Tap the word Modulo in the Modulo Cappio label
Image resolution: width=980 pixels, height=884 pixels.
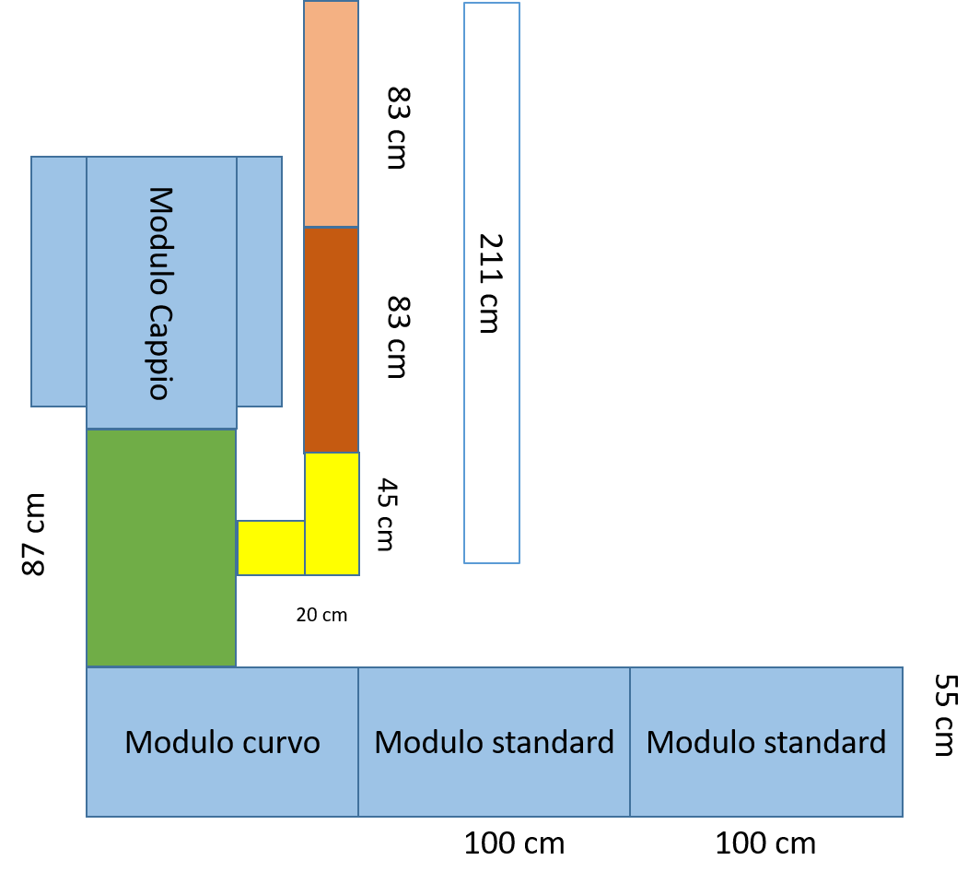click(159, 241)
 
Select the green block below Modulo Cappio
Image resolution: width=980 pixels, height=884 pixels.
click(161, 548)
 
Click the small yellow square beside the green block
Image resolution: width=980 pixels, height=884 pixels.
click(271, 548)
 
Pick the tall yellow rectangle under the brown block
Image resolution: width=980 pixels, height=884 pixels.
click(332, 513)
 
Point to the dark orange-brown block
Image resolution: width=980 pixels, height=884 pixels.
click(331, 339)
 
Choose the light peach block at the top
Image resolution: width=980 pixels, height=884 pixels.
click(331, 113)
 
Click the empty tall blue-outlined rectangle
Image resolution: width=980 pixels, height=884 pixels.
click(492, 282)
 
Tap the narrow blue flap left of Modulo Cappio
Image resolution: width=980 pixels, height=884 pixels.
click(59, 281)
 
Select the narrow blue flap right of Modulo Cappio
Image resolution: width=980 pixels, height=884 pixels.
click(259, 281)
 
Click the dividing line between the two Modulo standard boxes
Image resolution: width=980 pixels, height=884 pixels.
click(630, 742)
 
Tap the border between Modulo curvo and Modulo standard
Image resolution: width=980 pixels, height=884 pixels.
click(358, 742)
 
